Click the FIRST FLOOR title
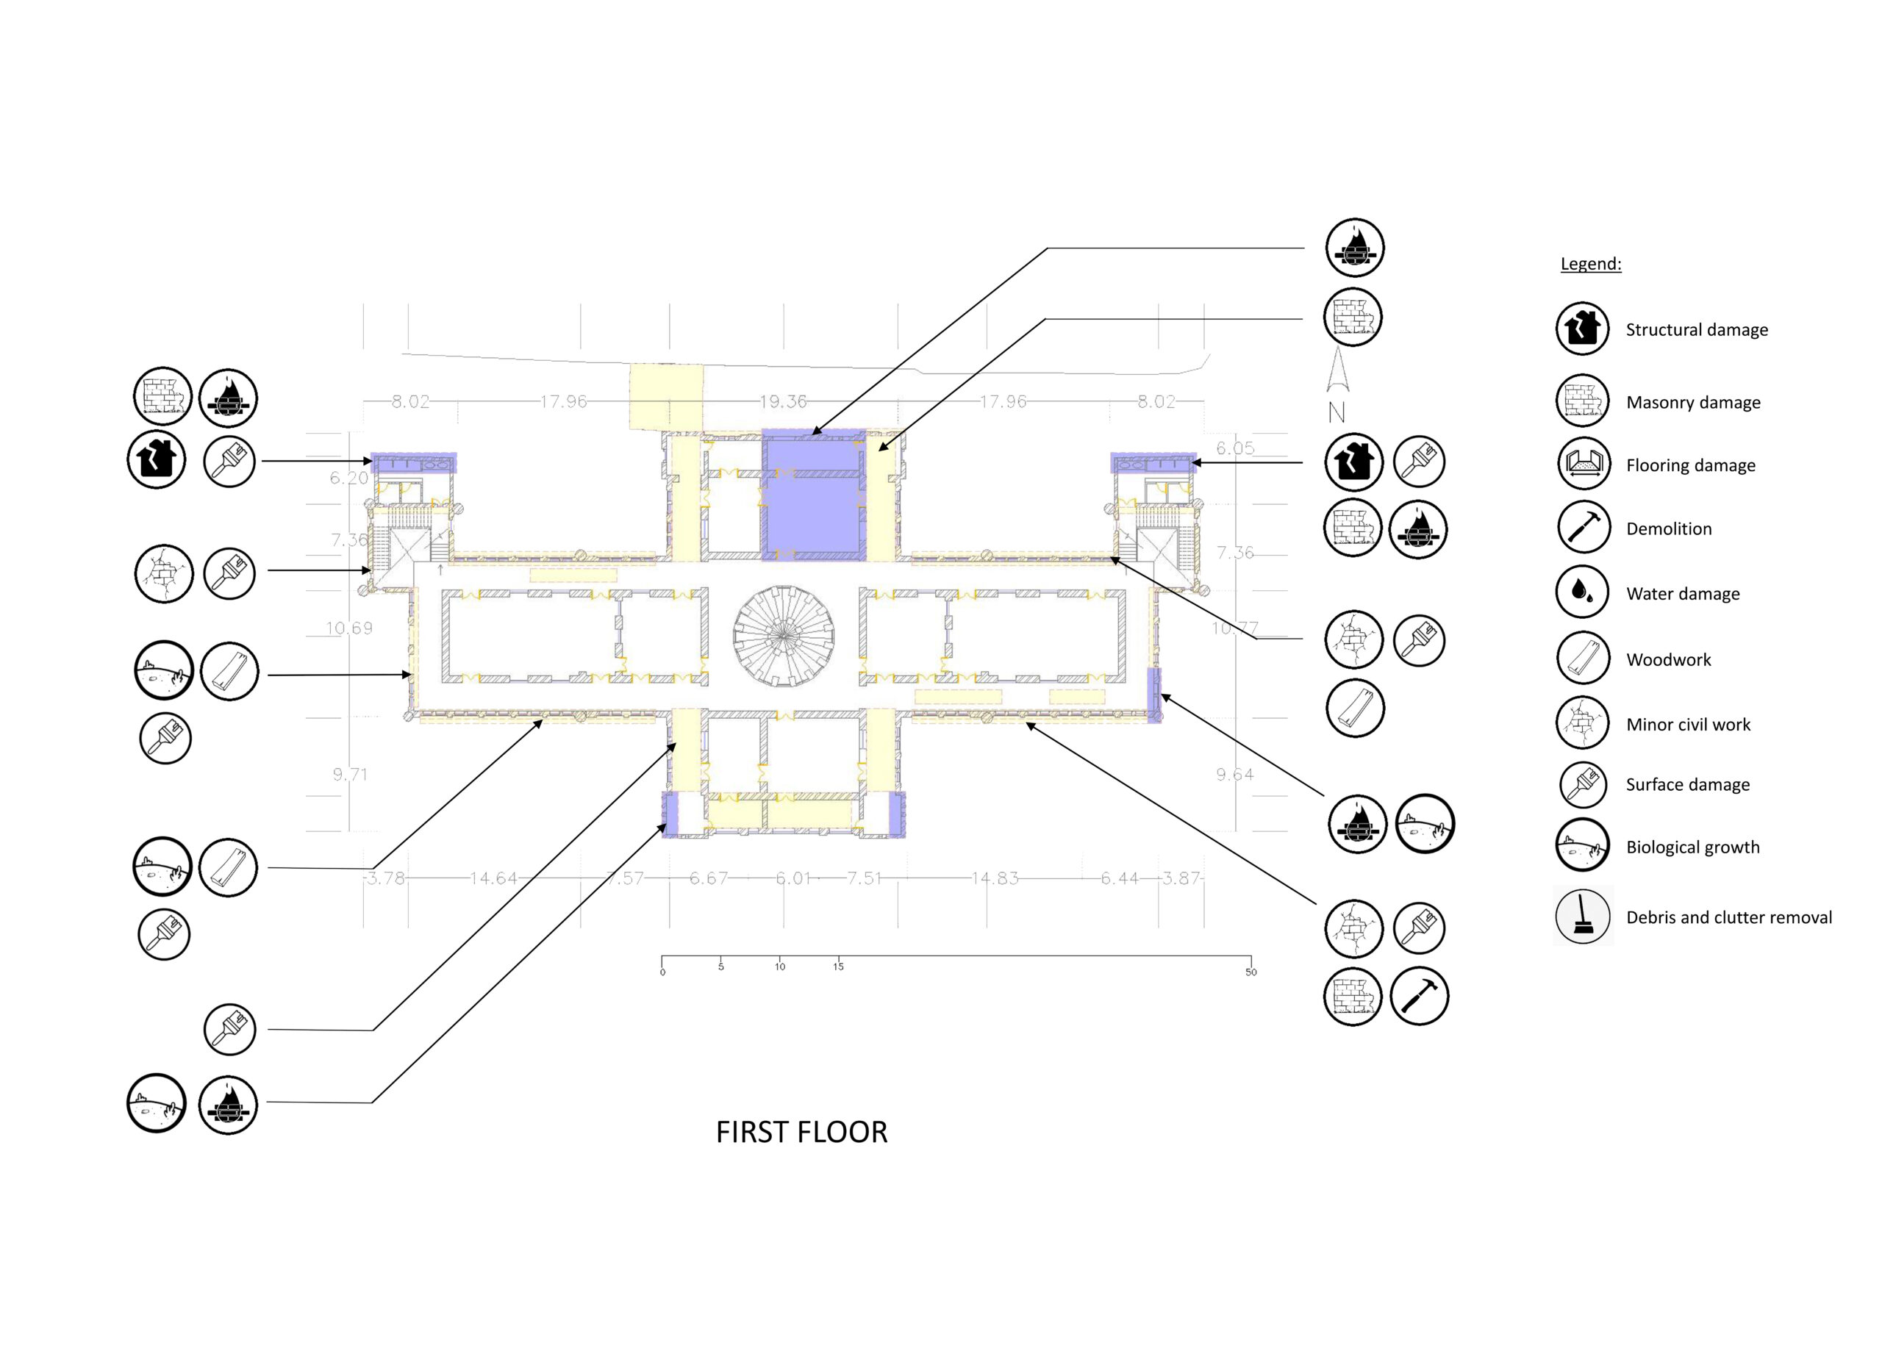[801, 1132]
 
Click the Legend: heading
[1590, 264]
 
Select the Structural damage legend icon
[1583, 329]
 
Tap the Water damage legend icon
[1583, 592]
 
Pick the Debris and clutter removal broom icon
[1583, 916]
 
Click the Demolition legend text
[1668, 528]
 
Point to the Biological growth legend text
[1692, 847]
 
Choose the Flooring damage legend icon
[1583, 464]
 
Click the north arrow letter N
[1336, 412]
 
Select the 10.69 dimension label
[348, 628]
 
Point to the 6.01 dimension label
[792, 878]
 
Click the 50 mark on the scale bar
[1251, 972]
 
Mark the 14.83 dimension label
[994, 878]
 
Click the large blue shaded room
[813, 498]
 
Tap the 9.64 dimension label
[1235, 774]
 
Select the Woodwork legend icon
[1583, 659]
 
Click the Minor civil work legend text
[1688, 724]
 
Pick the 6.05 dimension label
[1235, 448]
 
